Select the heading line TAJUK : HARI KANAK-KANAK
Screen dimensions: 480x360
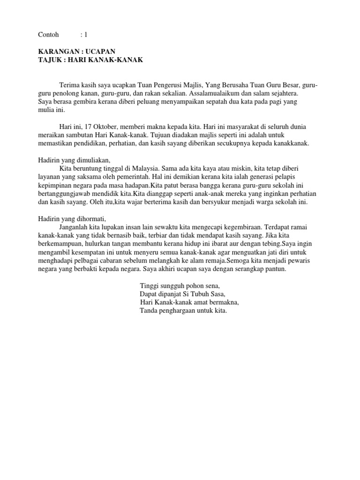click(x=90, y=60)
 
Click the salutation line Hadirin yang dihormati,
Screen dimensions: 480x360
click(x=72, y=219)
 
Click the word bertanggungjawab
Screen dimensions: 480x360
click(x=67, y=194)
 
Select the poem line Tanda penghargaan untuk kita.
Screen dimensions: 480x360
click(x=183, y=311)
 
